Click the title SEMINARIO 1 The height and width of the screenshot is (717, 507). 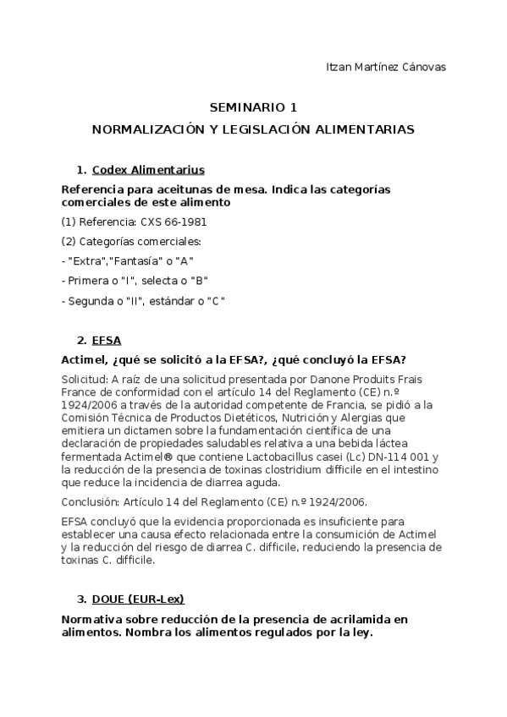[x=253, y=108]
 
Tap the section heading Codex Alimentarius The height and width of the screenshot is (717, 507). [x=147, y=169]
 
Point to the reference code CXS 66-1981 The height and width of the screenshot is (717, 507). [x=174, y=222]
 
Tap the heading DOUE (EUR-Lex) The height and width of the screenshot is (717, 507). [x=138, y=599]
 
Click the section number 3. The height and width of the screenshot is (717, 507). [x=80, y=599]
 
